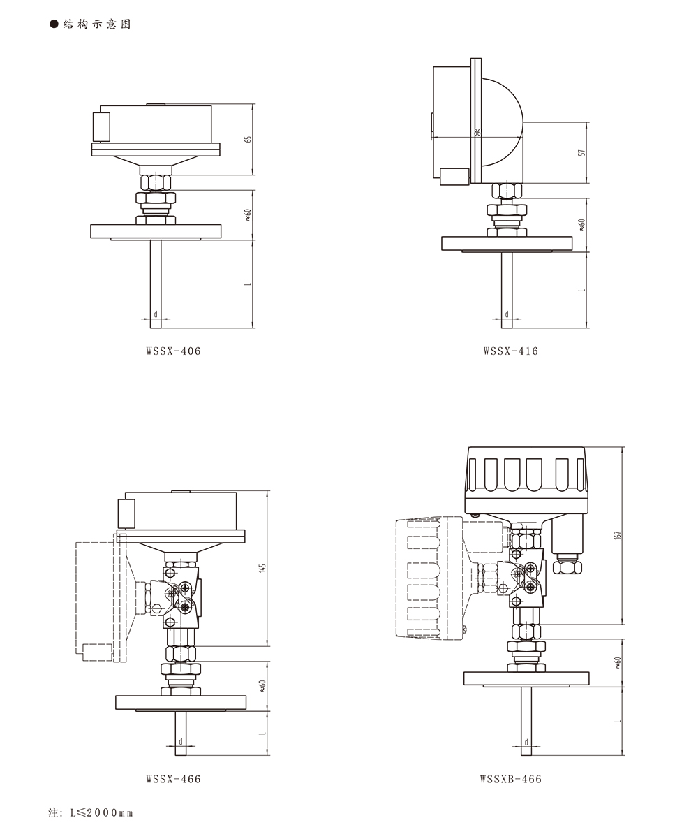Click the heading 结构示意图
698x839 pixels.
[97, 24]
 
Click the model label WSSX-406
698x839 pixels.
[174, 351]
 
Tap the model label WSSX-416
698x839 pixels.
[511, 351]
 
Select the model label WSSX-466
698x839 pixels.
[174, 779]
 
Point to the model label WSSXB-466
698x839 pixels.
[511, 779]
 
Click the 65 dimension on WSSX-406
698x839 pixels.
[248, 139]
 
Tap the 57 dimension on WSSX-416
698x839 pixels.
[582, 153]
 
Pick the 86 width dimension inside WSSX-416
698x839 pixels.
[477, 132]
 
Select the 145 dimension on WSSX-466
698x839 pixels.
[262, 568]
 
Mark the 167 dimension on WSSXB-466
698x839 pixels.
[618, 535]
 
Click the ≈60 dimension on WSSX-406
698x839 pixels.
[248, 215]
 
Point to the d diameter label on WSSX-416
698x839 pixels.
[507, 314]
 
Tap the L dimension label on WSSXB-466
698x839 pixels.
[618, 721]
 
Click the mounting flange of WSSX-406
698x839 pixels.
[156, 231]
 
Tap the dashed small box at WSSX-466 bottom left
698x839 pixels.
[97, 652]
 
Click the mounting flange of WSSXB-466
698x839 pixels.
[526, 678]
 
